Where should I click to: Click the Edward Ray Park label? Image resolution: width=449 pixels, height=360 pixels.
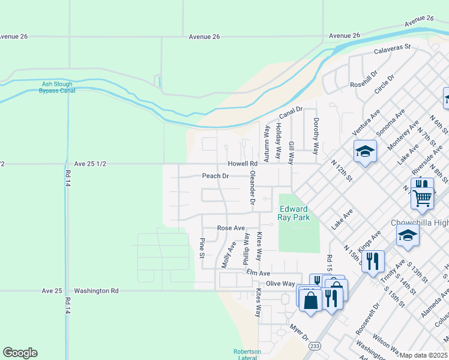click(x=295, y=213)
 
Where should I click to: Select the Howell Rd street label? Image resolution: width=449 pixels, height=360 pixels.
click(x=242, y=163)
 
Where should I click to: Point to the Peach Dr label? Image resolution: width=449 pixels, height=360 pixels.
click(x=215, y=176)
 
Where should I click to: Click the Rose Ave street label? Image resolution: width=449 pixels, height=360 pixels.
click(x=231, y=228)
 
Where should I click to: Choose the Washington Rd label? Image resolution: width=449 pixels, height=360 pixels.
click(x=97, y=290)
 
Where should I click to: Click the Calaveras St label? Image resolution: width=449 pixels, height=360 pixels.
click(x=393, y=47)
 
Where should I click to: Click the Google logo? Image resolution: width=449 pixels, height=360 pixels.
click(x=20, y=353)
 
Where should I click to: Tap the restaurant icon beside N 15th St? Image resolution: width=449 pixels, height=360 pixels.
click(x=373, y=261)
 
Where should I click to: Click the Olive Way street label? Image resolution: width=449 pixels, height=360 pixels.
click(x=280, y=283)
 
